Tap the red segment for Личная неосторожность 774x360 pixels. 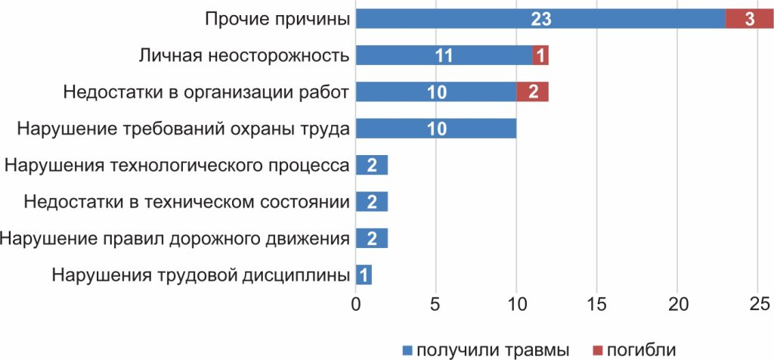(540, 55)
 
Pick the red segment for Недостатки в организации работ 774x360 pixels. (532, 92)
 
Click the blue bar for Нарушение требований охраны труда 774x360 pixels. (435, 129)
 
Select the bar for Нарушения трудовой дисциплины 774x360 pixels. (364, 275)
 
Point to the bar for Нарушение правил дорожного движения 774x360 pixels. (371, 239)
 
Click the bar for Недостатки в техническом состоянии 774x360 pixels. (371, 202)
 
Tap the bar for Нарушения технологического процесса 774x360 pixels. (371, 166)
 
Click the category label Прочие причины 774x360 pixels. (277, 20)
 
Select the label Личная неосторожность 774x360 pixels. (244, 56)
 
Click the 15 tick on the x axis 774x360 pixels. (597, 305)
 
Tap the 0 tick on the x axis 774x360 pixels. (355, 305)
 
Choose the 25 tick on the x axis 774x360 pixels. (758, 305)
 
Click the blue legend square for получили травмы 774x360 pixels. (407, 349)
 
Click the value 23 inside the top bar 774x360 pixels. (540, 20)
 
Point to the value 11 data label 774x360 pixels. (444, 56)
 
